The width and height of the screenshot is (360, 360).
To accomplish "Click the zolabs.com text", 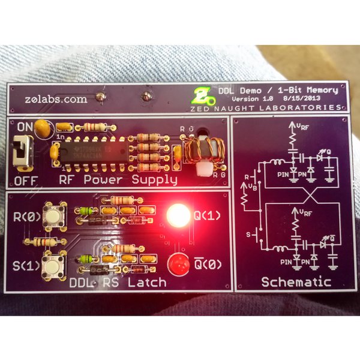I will tap(57, 100).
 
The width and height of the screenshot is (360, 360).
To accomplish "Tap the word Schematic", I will tap(296, 281).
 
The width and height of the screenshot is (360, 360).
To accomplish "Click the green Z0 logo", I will tap(203, 94).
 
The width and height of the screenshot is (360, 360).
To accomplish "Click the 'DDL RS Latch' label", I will tap(118, 281).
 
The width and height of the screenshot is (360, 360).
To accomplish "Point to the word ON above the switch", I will tap(25, 127).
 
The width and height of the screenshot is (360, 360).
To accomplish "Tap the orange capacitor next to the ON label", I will tap(42, 127).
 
